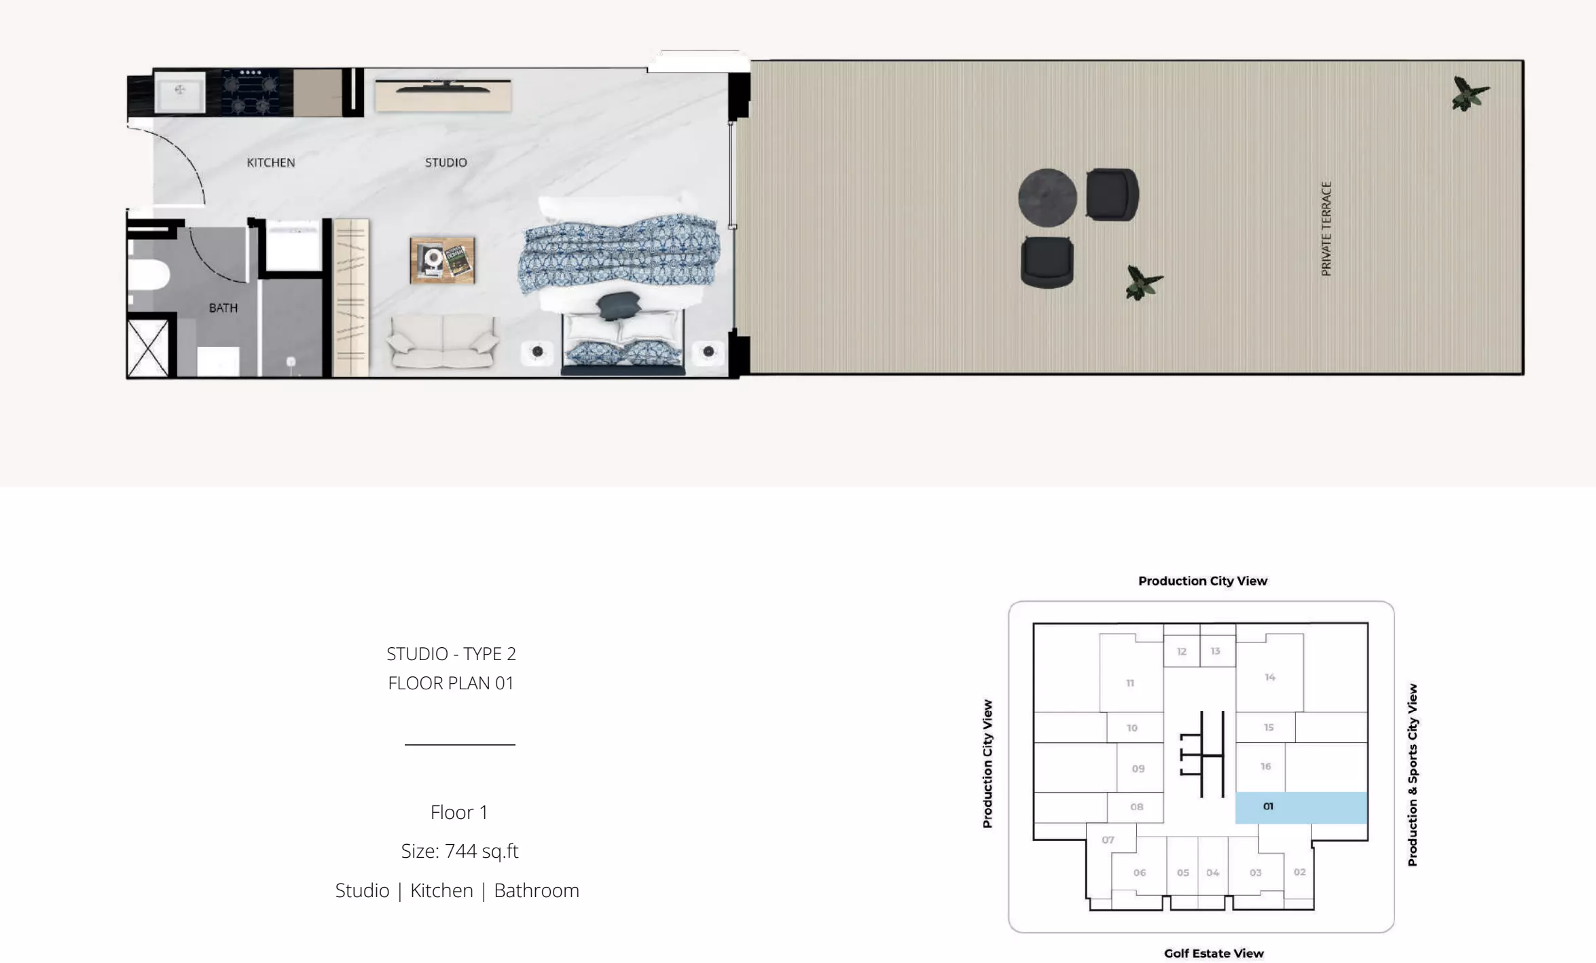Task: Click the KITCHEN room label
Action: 270,162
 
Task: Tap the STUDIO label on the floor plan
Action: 446,162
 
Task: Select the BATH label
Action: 223,308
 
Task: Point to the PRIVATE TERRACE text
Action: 1326,228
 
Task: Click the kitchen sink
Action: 180,92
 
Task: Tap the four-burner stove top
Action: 251,92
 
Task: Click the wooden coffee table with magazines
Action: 442,259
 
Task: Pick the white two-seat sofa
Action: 442,342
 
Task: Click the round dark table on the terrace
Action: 1047,198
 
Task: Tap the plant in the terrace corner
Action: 1470,94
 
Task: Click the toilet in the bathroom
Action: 148,275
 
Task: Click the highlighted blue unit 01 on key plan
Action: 1301,807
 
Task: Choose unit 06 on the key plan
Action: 1139,873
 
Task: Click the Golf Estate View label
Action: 1214,953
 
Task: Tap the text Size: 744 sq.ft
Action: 460,851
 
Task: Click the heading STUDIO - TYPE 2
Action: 451,654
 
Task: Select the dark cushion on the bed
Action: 619,305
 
